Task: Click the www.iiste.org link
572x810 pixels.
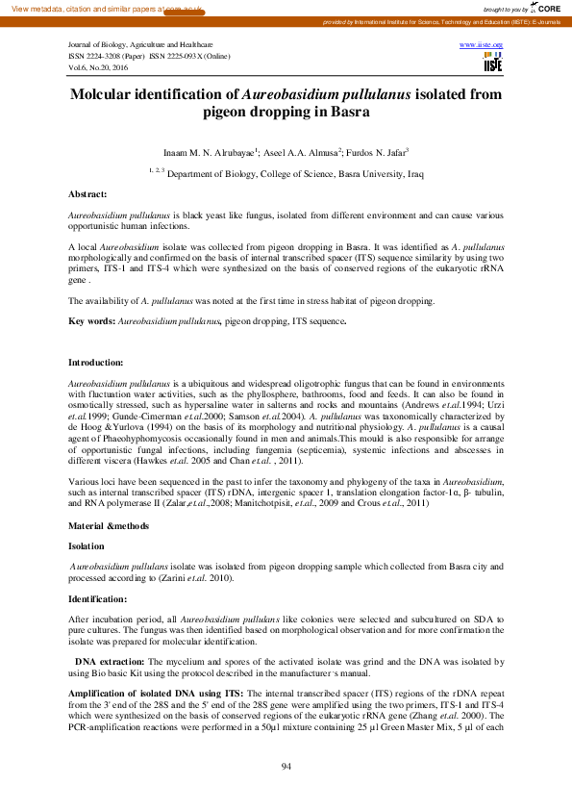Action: [x=482, y=45]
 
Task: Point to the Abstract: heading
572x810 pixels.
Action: [x=87, y=194]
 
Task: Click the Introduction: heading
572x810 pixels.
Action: [x=95, y=362]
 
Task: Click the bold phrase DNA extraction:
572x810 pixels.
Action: [x=112, y=662]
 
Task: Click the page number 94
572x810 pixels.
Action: [x=286, y=766]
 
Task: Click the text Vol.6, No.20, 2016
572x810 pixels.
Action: [x=101, y=66]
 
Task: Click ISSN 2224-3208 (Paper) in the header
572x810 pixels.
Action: [x=106, y=56]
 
